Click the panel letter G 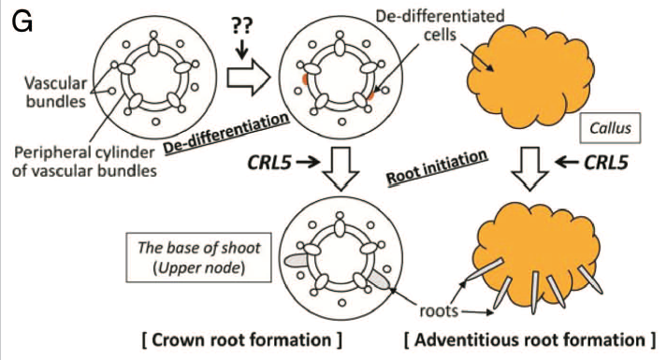coord(22,22)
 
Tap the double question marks coord(241,26)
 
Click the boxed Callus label coord(611,128)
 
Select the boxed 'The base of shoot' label coord(198,257)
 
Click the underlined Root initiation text coord(437,167)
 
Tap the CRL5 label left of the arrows coord(269,162)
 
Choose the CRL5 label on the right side coord(606,162)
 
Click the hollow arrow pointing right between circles coord(249,78)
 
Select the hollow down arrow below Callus coord(530,168)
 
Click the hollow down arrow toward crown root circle coord(341,168)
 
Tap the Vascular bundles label coord(56,92)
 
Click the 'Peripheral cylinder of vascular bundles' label coord(84,161)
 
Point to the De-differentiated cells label coord(440,25)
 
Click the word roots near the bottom coord(439,310)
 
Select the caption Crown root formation coord(241,340)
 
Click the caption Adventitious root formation coord(530,340)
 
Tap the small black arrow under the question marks coord(241,50)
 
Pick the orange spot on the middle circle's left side coord(305,79)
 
